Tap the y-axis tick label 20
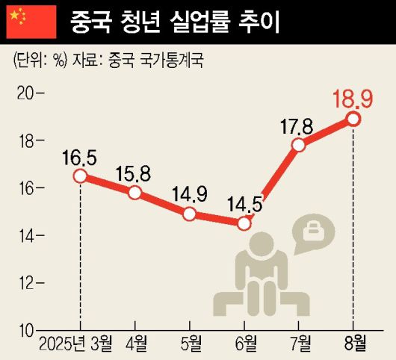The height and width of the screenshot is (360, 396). pos(25,93)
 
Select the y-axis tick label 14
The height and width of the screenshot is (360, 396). pos(25,235)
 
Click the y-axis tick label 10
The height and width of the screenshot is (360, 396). pos(25,329)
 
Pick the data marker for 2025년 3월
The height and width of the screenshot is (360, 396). pos(80,176)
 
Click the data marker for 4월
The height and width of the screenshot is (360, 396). pos(134,193)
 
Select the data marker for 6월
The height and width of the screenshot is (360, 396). pos(244,223)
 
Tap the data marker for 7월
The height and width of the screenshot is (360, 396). pos(299,145)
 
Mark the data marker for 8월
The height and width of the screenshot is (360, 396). pos(353,120)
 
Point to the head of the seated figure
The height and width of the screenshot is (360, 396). pos(262,245)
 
